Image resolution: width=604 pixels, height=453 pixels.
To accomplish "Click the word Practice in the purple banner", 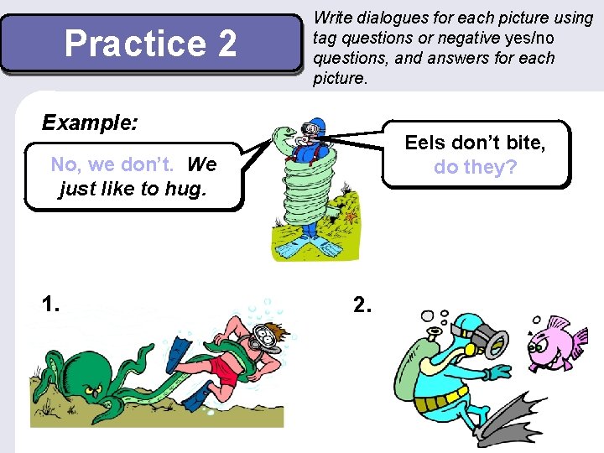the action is [x=135, y=44].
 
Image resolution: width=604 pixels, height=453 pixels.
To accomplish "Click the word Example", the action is [x=90, y=122].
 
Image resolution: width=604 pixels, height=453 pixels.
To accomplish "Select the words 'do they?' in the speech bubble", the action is [x=476, y=167].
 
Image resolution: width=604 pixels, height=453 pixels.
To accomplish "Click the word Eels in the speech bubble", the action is [x=426, y=143].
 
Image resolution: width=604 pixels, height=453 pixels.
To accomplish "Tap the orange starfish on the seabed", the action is [x=351, y=217].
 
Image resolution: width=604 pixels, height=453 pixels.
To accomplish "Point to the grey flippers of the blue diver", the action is [x=511, y=420].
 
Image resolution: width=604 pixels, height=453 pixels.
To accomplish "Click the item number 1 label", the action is [x=50, y=304].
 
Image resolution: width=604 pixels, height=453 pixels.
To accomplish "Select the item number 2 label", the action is [x=362, y=305].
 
